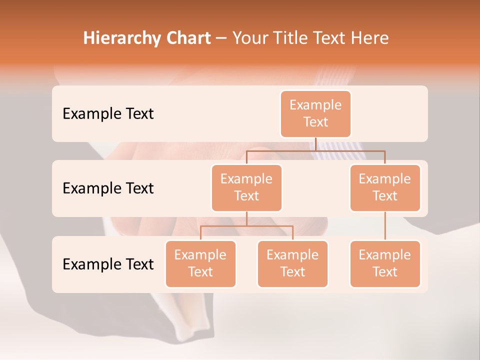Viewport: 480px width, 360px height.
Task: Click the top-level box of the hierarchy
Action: [315, 114]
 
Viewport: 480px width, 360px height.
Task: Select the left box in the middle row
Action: [246, 188]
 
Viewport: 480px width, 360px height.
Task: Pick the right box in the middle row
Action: [385, 188]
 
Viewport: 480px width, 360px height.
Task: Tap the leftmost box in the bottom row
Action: [200, 264]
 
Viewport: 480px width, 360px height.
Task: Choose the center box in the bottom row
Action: [292, 264]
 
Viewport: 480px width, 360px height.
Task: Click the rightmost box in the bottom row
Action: [385, 264]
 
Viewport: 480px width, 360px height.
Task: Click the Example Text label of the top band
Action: [108, 114]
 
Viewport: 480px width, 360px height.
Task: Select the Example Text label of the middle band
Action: [108, 188]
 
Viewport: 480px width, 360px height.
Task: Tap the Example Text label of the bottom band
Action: [108, 264]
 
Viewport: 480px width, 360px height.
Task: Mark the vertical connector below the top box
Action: [316, 144]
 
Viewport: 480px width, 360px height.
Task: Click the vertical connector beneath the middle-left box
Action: [246, 219]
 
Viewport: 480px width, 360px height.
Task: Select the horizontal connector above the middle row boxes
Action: [350, 150]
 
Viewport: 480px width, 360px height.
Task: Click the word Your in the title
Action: [249, 38]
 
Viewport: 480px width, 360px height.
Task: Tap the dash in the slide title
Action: [221, 38]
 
